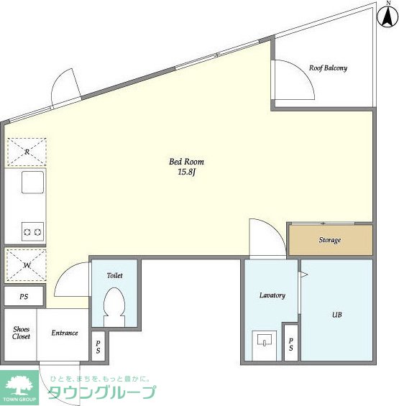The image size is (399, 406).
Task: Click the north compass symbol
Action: (388, 16)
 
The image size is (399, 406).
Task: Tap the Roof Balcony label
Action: (328, 68)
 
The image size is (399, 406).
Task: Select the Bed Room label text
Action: (186, 162)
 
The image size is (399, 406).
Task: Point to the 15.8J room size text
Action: (186, 172)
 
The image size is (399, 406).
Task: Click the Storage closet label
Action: (330, 240)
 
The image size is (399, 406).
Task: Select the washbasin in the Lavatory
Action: (265, 340)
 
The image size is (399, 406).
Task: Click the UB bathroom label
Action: (337, 315)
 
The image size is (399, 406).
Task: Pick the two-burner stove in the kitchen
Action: (32, 231)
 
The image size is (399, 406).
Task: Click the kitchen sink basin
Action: (32, 182)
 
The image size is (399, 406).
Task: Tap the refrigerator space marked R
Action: (27, 152)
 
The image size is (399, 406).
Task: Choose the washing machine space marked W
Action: (27, 265)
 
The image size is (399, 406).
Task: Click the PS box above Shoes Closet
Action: (24, 296)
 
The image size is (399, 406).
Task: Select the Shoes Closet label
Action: (22, 333)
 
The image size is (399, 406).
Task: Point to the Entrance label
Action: (65, 333)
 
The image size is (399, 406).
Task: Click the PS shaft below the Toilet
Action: (98, 346)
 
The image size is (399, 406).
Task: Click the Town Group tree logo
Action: (19, 387)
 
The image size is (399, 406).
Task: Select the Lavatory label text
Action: (272, 295)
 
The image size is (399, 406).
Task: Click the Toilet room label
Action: (115, 275)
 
